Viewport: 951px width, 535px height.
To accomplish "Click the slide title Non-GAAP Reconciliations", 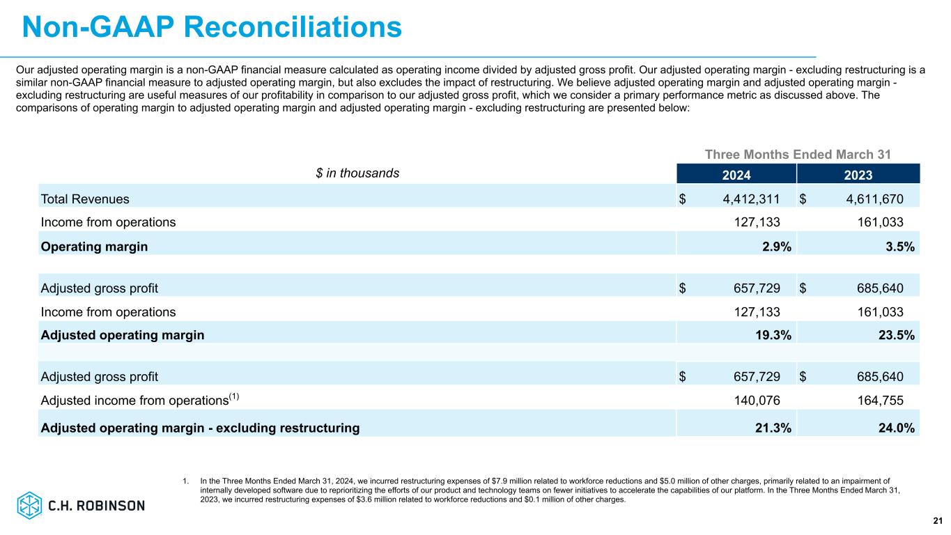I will click(x=212, y=27).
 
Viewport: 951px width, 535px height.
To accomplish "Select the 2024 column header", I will click(x=736, y=175).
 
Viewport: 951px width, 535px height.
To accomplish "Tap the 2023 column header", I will click(x=858, y=175).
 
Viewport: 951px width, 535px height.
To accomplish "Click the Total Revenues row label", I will click(x=85, y=199).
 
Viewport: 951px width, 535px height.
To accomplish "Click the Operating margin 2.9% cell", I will click(x=777, y=247).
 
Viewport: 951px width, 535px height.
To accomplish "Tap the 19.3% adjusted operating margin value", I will click(x=773, y=334).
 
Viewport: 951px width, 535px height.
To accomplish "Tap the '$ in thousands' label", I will click(x=357, y=173).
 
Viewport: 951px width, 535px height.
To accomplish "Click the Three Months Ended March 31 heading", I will click(x=798, y=154).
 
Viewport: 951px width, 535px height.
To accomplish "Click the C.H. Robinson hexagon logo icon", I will click(x=29, y=505).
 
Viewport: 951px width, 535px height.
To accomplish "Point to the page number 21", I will click(x=937, y=521).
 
